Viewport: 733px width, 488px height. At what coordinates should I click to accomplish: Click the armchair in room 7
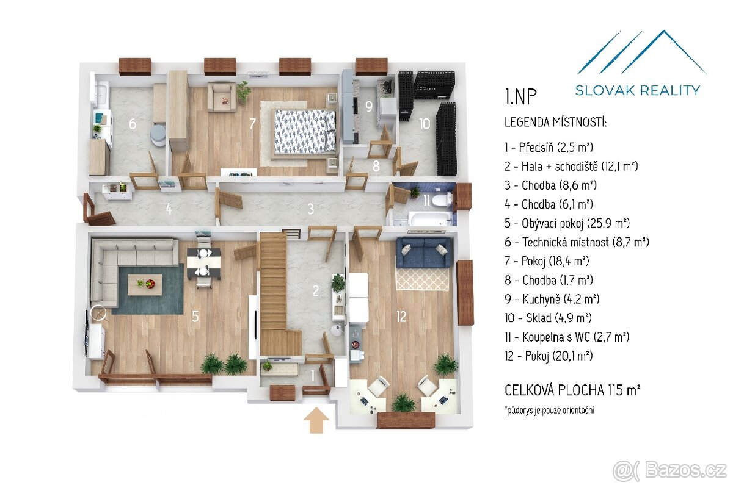point(222,97)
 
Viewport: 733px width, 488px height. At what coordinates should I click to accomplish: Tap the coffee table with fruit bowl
point(145,285)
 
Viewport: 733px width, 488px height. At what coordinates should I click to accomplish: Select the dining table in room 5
point(203,264)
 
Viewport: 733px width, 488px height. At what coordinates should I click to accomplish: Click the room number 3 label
point(310,209)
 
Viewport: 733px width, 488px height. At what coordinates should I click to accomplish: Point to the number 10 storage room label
point(425,124)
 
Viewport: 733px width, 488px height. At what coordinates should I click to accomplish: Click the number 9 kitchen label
point(369,106)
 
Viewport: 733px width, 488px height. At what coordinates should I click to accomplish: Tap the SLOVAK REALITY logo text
point(638,90)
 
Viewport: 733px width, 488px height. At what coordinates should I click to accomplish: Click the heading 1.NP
point(520,96)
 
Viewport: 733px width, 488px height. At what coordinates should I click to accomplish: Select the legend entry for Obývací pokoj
point(567,223)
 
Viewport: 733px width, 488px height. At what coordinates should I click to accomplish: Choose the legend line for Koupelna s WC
point(567,337)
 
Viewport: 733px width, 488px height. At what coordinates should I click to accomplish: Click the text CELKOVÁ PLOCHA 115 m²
point(572,390)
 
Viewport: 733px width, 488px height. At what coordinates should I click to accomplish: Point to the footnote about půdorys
point(549,410)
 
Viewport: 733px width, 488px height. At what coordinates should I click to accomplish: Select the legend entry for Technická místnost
point(577,242)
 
